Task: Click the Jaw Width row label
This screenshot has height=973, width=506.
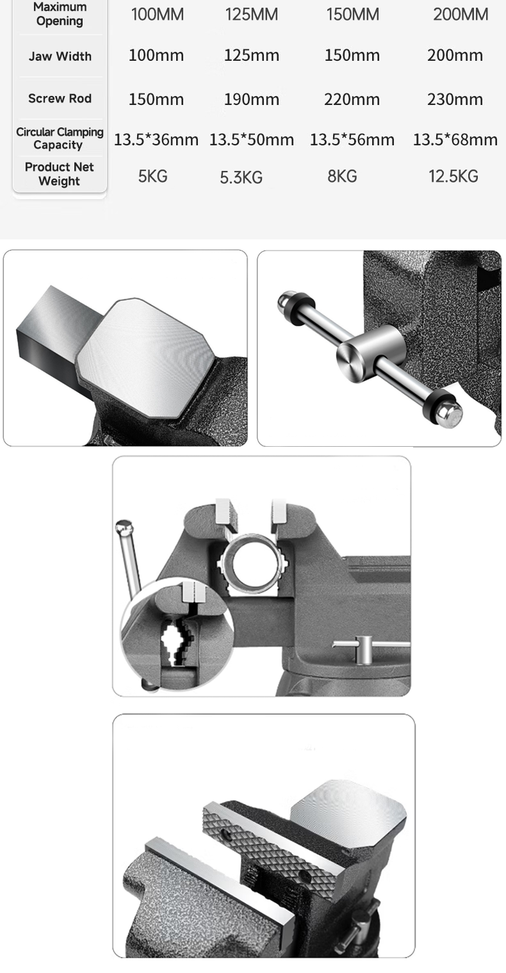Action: pyautogui.click(x=60, y=56)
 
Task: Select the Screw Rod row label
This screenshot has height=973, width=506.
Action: pyautogui.click(x=60, y=99)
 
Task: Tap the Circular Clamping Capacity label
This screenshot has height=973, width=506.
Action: pyautogui.click(x=60, y=138)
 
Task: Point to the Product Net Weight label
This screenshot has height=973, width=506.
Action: pyautogui.click(x=59, y=174)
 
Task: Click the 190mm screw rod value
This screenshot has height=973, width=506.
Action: pyautogui.click(x=251, y=100)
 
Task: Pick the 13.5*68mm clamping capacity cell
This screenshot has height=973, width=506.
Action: pyautogui.click(x=455, y=140)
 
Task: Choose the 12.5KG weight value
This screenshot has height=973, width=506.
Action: pyautogui.click(x=453, y=177)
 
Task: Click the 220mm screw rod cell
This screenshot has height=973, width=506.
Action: pyautogui.click(x=352, y=100)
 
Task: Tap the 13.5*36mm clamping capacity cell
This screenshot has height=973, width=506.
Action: pyautogui.click(x=156, y=140)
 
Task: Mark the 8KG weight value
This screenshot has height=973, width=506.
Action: pyautogui.click(x=342, y=177)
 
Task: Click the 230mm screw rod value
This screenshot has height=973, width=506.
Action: pyautogui.click(x=455, y=100)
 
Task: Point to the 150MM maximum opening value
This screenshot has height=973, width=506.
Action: pyautogui.click(x=353, y=14)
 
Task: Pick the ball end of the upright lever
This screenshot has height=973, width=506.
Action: pyautogui.click(x=124, y=529)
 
